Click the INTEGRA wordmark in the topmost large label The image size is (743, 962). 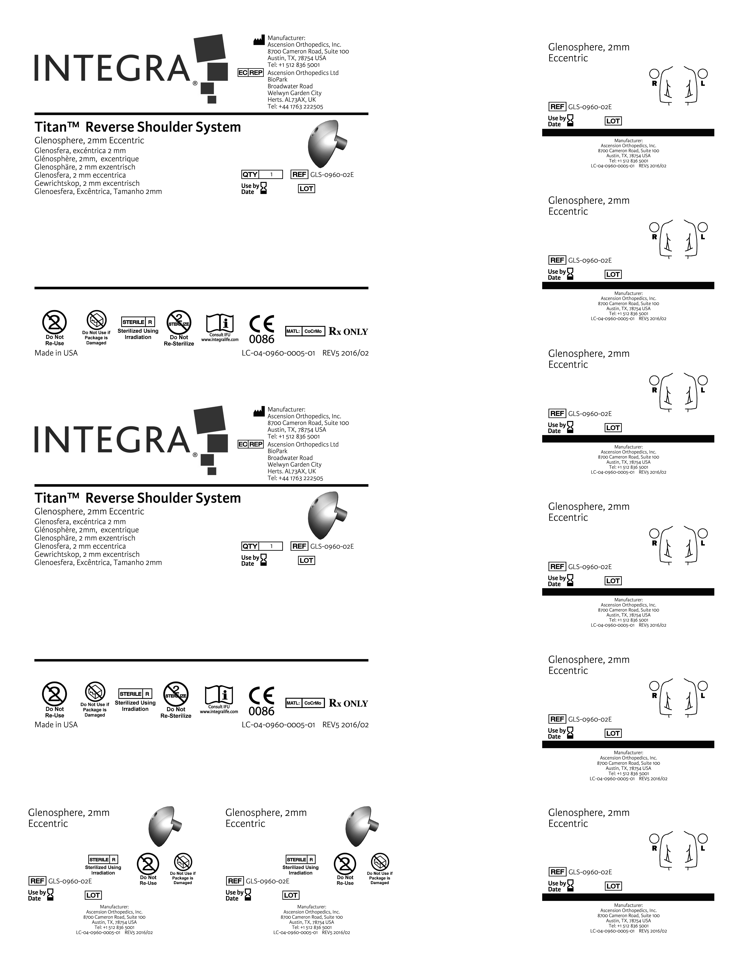point(112,68)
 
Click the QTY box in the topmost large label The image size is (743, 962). point(262,174)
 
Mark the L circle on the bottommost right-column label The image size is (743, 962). point(703,838)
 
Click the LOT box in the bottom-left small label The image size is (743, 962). point(93,895)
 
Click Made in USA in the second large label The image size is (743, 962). point(56,725)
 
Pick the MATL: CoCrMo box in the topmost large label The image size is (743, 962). point(305,331)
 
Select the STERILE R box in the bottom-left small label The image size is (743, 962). point(103,859)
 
